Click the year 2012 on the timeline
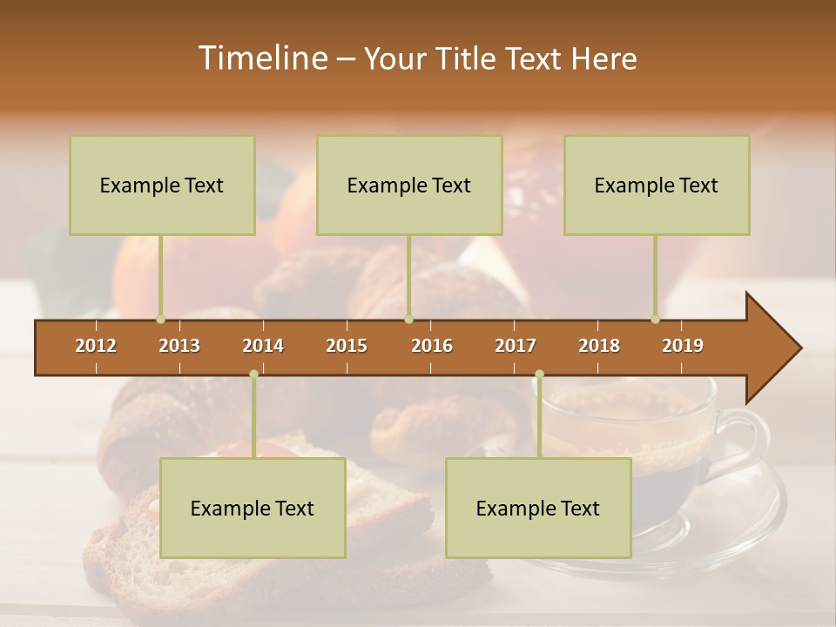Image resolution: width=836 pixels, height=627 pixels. point(96,346)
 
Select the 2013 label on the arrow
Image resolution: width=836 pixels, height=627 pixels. point(179,346)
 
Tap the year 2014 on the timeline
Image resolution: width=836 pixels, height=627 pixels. point(263,346)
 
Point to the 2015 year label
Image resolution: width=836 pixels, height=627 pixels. point(347,346)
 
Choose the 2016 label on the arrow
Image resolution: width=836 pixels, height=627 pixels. point(432,346)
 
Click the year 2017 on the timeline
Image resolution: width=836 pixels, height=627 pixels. point(516,346)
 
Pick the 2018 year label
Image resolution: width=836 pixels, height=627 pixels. point(599,346)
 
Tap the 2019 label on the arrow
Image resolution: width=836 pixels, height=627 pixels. point(683,346)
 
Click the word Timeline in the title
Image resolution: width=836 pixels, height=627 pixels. point(261,58)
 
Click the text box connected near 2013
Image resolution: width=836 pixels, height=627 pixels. point(162,185)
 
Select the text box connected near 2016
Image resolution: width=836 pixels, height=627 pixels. point(409,185)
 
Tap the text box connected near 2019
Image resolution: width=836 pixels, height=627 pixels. point(657,185)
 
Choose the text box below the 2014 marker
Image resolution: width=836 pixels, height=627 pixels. point(253,508)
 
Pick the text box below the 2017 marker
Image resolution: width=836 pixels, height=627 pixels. point(538,508)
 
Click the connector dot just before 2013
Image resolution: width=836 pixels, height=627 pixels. point(160,320)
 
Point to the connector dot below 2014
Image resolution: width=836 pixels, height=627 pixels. point(253,374)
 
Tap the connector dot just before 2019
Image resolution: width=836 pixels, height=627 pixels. point(655,320)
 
